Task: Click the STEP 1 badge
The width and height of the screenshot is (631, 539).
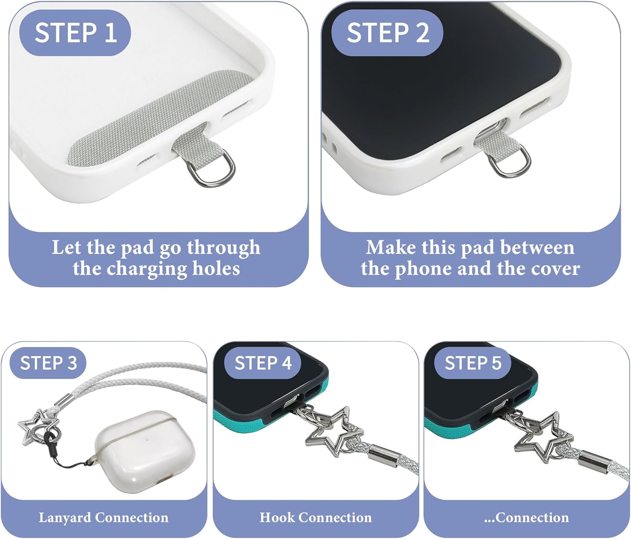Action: pyautogui.click(x=75, y=33)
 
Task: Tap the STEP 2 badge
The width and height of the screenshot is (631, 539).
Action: pyautogui.click(x=387, y=33)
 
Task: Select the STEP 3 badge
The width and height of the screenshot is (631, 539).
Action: pyautogui.click(x=48, y=363)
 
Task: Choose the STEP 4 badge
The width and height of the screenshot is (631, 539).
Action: pyautogui.click(x=262, y=363)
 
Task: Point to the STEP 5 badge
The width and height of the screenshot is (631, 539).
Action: pyautogui.click(x=472, y=363)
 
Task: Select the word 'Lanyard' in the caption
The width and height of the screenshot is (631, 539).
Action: pyautogui.click(x=65, y=517)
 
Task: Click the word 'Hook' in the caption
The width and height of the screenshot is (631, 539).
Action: pyautogui.click(x=277, y=517)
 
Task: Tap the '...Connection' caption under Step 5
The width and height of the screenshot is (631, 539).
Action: pyautogui.click(x=526, y=517)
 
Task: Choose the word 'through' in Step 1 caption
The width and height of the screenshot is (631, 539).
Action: pyautogui.click(x=223, y=248)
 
